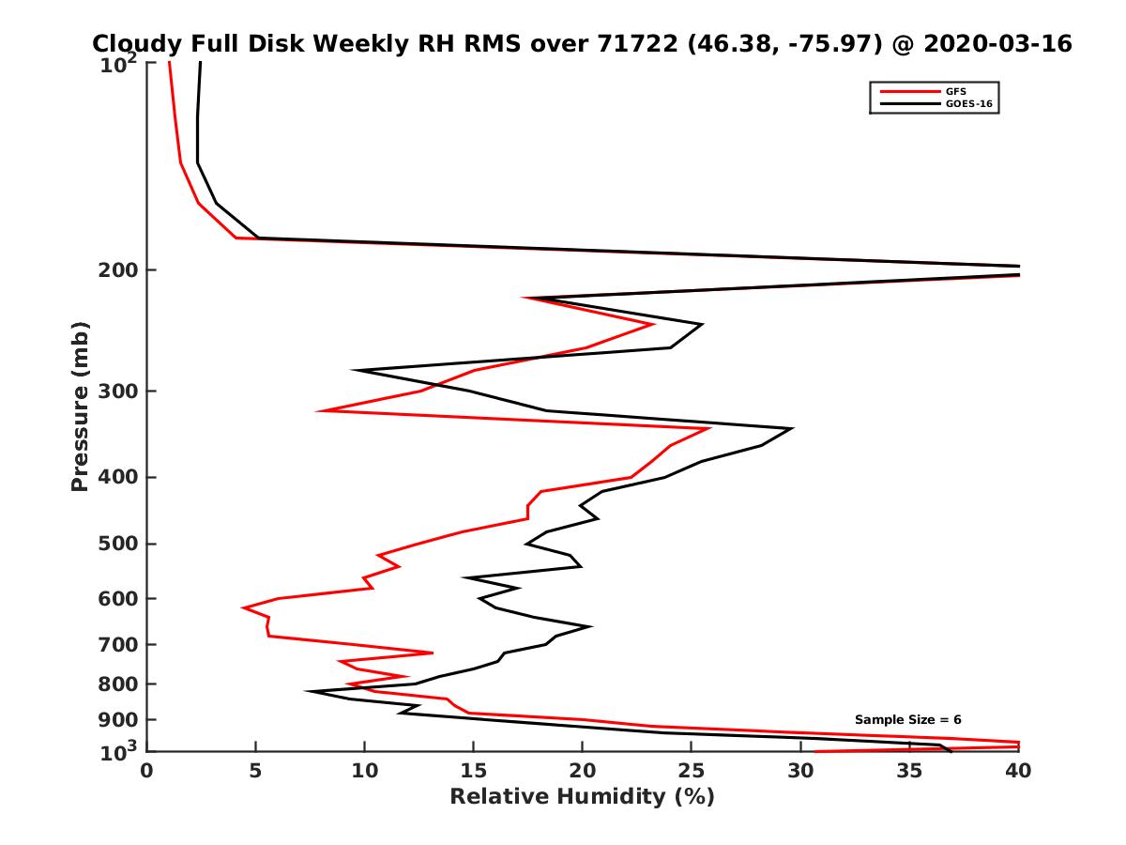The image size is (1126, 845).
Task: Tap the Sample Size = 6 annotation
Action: pyautogui.click(x=907, y=719)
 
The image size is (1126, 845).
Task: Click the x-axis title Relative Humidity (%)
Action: pyautogui.click(x=582, y=797)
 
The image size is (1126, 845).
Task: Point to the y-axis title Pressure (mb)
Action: pyautogui.click(x=80, y=407)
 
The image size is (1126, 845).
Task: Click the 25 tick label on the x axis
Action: pyautogui.click(x=692, y=771)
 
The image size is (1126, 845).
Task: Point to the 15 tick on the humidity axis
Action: pyautogui.click(x=474, y=771)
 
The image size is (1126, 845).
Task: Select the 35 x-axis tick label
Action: pyautogui.click(x=909, y=771)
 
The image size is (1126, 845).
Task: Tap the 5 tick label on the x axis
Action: pyautogui.click(x=255, y=771)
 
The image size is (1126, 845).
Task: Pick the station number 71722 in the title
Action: pyautogui.click(x=639, y=43)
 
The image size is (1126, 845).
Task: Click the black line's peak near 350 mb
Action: pyautogui.click(x=793, y=429)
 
